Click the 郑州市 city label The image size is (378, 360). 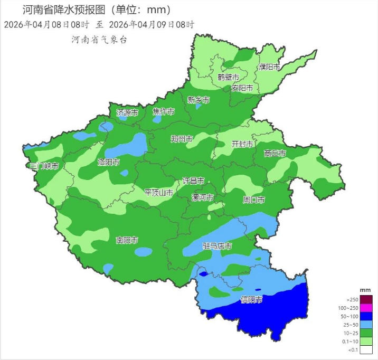[182, 139]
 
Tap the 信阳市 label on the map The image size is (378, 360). [251, 300]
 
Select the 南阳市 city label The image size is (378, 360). [127, 240]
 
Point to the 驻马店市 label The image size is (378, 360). [218, 247]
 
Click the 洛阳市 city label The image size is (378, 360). [108, 163]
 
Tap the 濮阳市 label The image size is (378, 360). [269, 67]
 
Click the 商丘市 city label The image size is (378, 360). [275, 154]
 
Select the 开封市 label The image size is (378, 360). [242, 144]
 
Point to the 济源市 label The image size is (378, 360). [127, 112]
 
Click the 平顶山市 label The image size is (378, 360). [159, 193]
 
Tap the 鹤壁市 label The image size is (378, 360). [229, 77]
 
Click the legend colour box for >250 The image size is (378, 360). [366, 299]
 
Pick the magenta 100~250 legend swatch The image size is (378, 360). [366, 308]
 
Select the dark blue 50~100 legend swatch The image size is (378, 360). [366, 316]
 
